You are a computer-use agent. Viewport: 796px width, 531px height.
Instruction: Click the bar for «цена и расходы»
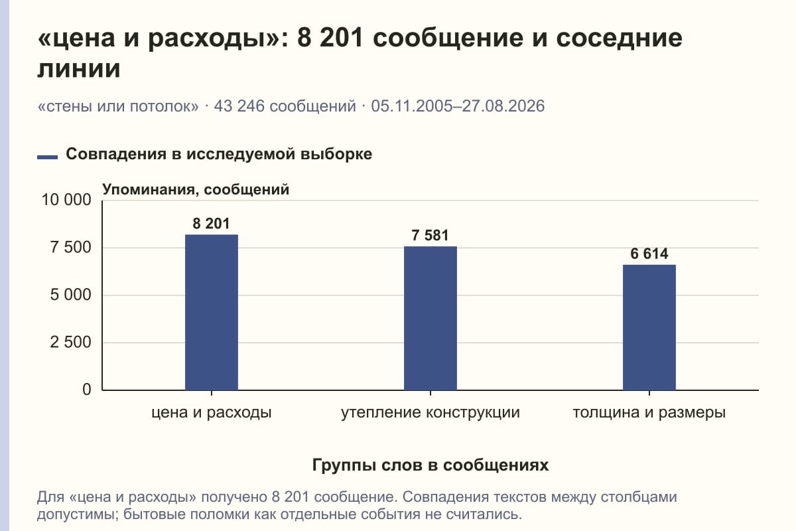coord(212,312)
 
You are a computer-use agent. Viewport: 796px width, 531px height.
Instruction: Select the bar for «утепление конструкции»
coord(431,319)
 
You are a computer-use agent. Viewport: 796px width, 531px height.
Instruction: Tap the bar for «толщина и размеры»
coord(649,328)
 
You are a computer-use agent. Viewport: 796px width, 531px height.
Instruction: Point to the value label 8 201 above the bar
coord(211,224)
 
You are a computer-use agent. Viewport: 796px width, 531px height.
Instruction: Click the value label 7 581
coord(430,235)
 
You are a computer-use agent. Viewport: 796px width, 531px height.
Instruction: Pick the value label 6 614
coord(649,254)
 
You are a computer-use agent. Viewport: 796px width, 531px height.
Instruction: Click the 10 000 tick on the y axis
coord(66,200)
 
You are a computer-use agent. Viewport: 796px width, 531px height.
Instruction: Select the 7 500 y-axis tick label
coord(70,248)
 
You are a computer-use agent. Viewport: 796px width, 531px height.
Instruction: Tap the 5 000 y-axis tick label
coord(70,295)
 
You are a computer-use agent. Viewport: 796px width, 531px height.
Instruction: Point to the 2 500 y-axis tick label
coord(70,342)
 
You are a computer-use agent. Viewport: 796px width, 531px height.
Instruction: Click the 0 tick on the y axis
coord(87,390)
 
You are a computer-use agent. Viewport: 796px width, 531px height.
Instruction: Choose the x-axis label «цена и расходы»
coord(212,413)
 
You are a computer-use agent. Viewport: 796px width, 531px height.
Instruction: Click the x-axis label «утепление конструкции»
coord(431,413)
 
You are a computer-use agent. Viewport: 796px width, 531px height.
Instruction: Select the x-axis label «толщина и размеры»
coord(649,413)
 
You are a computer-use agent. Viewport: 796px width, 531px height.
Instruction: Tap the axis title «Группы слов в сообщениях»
coord(431,465)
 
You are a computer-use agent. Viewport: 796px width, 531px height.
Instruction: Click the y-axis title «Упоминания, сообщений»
coord(196,190)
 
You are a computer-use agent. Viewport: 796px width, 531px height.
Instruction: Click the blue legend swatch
coord(47,157)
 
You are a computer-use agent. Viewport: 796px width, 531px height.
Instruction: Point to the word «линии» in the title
coord(79,68)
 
